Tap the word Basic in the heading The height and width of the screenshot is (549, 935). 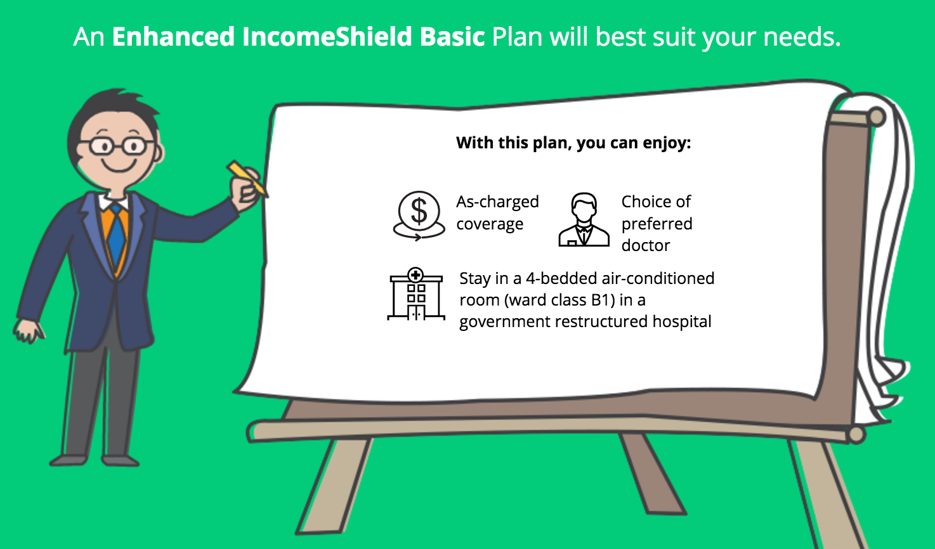click(452, 37)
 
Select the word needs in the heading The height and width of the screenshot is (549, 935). click(801, 37)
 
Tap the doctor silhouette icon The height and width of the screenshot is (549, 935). click(584, 219)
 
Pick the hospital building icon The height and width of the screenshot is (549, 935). click(416, 294)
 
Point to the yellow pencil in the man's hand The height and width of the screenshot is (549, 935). click(246, 178)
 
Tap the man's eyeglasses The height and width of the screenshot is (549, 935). click(118, 146)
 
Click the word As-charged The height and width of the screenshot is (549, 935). click(497, 202)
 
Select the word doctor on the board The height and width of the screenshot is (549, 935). click(646, 245)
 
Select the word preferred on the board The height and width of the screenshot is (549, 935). click(657, 224)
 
